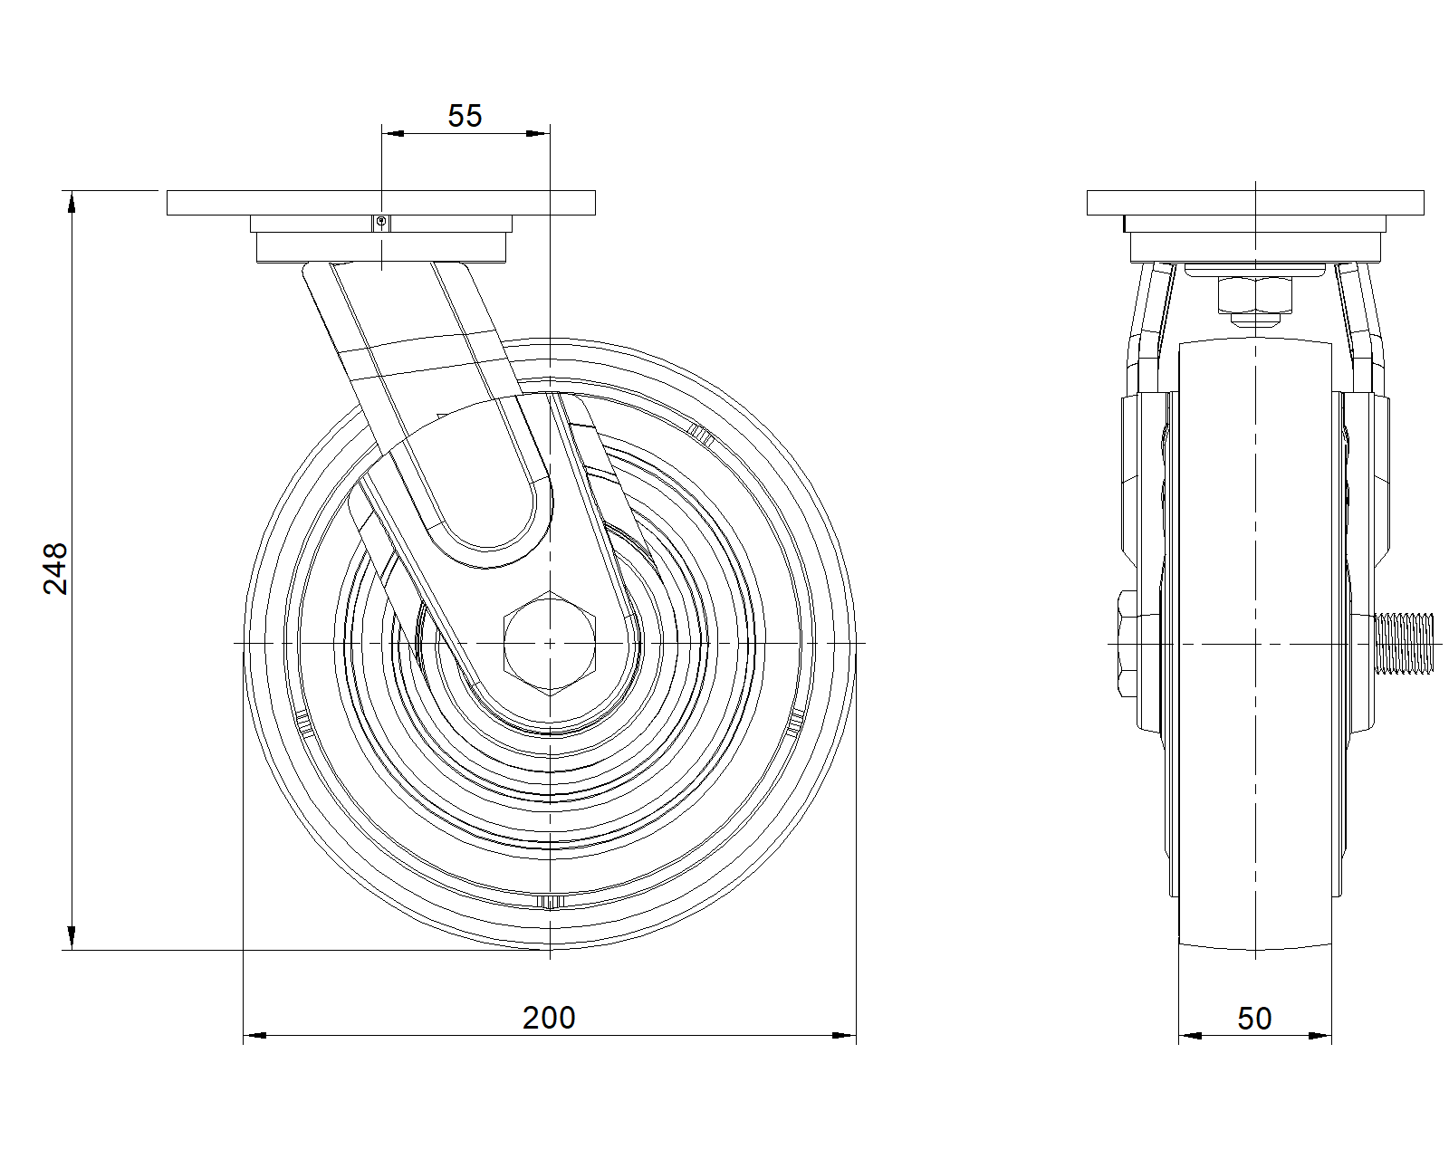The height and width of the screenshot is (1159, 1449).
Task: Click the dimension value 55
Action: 465,116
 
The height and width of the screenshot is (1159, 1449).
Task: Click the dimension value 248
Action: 56,568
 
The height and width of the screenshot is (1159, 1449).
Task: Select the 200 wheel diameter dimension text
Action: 549,1018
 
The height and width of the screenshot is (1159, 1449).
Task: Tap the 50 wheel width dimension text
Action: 1254,1019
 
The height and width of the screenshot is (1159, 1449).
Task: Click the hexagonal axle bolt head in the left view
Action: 550,643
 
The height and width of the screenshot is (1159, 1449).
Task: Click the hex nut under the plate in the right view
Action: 1255,293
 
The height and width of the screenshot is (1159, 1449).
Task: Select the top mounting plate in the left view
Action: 380,203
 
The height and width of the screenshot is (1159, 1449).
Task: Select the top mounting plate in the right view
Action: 1255,203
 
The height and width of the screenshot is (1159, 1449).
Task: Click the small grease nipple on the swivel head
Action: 381,222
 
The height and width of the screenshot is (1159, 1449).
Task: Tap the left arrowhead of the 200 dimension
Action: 254,1035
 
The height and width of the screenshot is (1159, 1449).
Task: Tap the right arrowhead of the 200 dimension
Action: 844,1035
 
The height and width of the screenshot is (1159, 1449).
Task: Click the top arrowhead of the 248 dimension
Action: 72,202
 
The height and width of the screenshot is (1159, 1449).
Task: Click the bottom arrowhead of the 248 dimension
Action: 72,938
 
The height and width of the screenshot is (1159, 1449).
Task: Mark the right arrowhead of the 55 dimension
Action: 538,133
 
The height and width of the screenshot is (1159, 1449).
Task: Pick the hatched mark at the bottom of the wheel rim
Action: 550,901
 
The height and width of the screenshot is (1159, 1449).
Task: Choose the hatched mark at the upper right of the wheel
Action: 701,435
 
